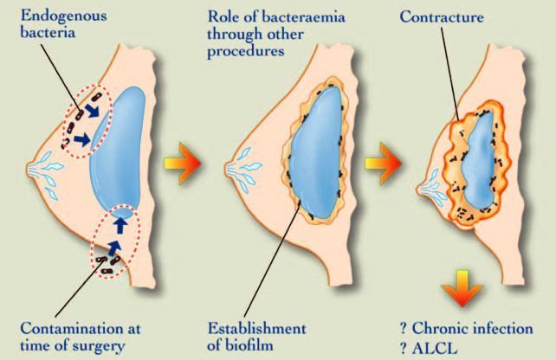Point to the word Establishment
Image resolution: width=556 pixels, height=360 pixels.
(255, 328)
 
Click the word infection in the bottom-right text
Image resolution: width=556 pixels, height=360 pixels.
(501, 328)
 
